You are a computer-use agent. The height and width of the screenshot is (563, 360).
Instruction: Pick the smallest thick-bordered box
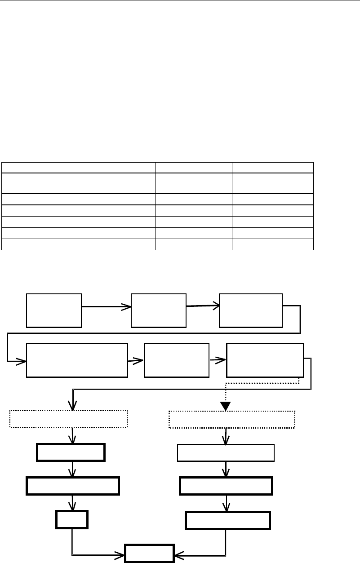(72, 519)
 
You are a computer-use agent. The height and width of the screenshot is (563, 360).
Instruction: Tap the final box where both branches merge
(149, 554)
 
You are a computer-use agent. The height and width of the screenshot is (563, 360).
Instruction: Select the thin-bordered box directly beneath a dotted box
(226, 452)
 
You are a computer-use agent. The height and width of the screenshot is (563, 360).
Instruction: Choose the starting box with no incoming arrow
(54, 310)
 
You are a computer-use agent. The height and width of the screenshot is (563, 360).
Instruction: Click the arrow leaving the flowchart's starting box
(106, 307)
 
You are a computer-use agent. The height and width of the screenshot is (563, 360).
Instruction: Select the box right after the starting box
(158, 310)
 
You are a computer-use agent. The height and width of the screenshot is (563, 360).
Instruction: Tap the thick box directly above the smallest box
(73, 486)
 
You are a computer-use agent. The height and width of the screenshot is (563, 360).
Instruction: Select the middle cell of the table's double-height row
(194, 183)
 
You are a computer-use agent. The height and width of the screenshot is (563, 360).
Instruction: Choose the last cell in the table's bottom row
(272, 244)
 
